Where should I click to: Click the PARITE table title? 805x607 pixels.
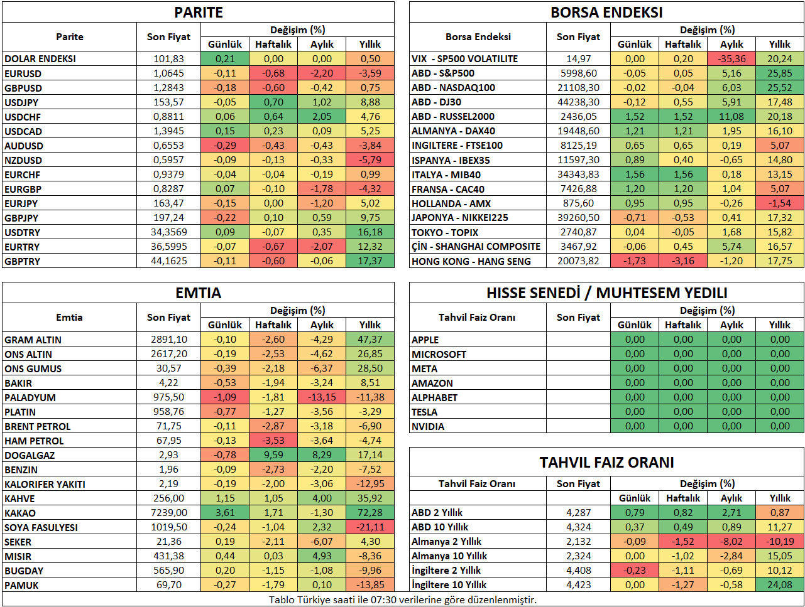click(199, 13)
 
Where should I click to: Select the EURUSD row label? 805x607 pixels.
click(23, 73)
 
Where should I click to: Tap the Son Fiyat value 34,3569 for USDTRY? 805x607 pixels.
click(168, 232)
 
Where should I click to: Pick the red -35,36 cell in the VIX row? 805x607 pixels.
click(731, 58)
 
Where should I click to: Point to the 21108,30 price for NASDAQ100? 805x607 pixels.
click(578, 87)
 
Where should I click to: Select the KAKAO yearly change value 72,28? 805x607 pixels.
click(370, 512)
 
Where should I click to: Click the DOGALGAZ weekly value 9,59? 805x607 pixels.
click(273, 454)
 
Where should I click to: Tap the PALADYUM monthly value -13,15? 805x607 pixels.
click(322, 397)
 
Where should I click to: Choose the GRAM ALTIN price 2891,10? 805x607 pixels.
click(168, 339)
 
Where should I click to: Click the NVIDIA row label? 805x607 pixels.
click(427, 426)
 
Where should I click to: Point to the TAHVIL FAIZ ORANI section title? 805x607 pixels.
click(606, 462)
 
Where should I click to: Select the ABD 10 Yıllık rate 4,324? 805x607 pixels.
click(578, 527)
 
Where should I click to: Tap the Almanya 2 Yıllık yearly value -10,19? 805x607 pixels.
click(780, 541)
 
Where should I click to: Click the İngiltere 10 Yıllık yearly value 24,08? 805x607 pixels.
click(780, 584)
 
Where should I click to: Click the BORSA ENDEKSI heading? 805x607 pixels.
click(606, 13)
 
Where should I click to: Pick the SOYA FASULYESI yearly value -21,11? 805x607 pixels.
click(370, 527)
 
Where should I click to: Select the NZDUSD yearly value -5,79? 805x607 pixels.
click(370, 159)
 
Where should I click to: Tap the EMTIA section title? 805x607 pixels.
click(199, 293)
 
